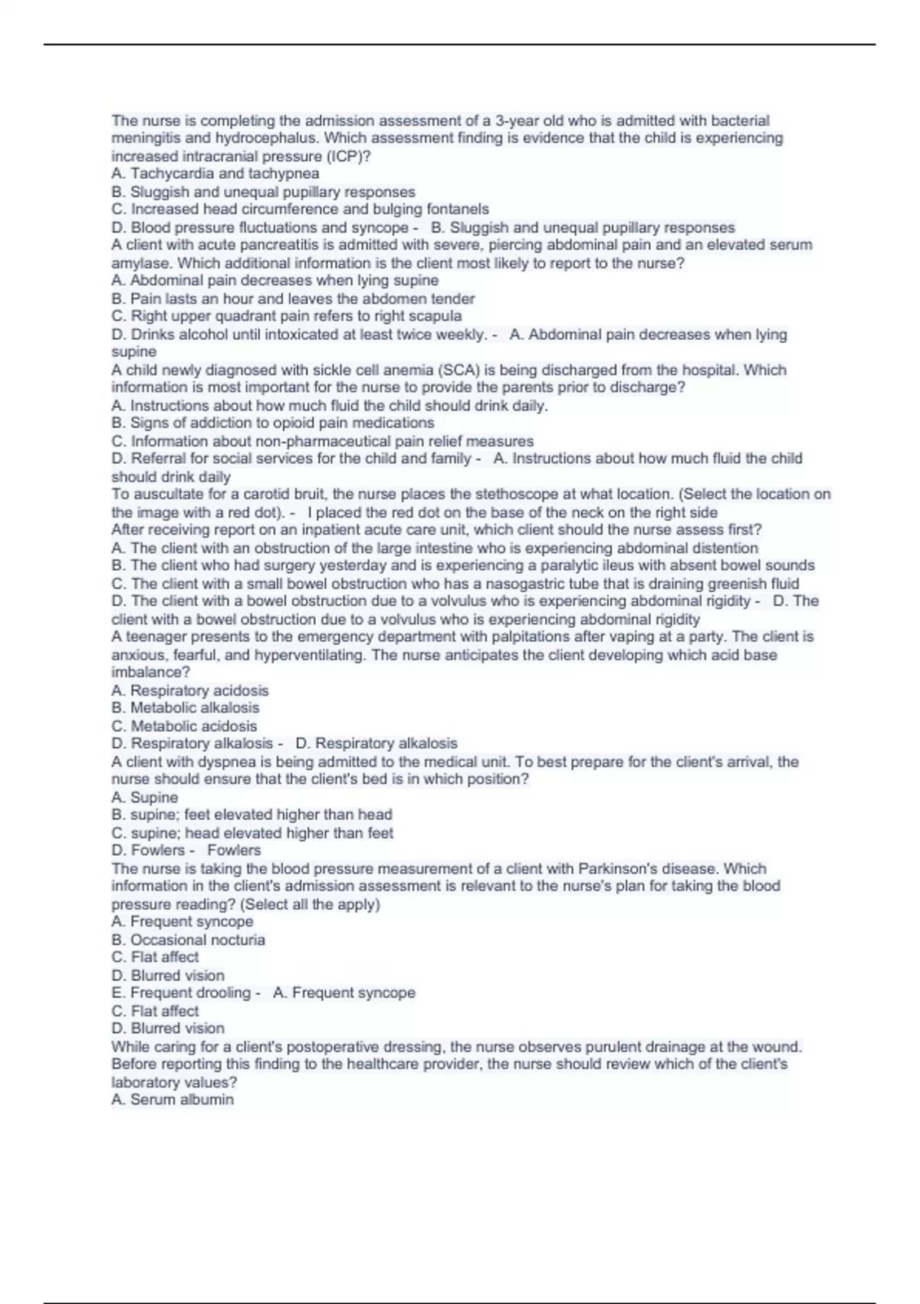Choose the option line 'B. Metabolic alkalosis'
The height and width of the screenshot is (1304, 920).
pos(186,708)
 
